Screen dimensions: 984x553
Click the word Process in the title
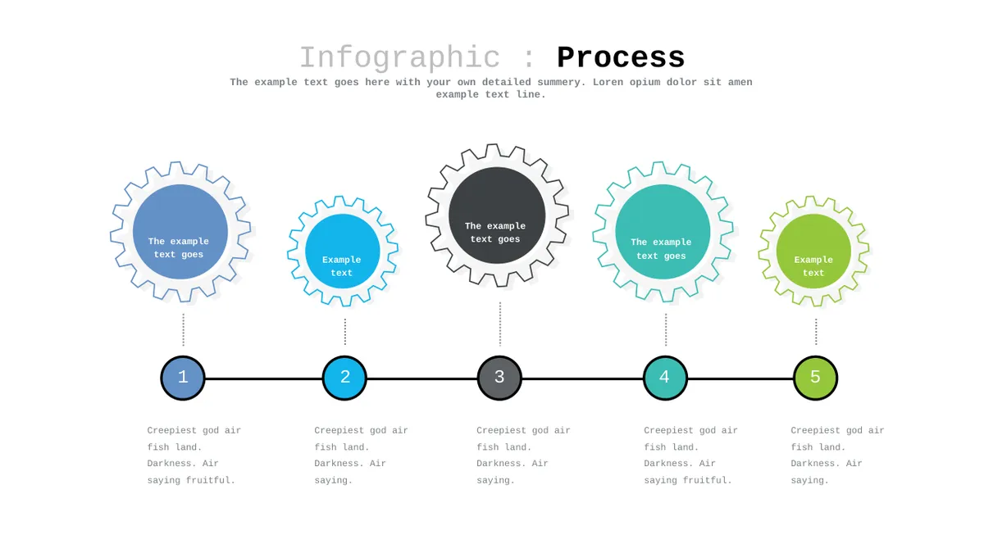coord(621,58)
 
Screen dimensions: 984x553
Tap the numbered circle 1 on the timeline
coord(183,378)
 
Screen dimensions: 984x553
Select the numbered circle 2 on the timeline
coord(344,378)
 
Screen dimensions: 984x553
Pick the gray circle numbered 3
coord(499,378)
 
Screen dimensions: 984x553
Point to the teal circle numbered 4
coord(665,378)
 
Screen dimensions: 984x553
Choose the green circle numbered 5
coord(815,378)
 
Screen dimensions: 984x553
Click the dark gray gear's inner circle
coord(497,215)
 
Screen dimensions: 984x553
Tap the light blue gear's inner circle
coord(343,251)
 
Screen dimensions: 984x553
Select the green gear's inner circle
coord(813,251)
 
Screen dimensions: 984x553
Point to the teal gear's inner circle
coord(663,232)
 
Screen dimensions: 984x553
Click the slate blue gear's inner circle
coord(180,232)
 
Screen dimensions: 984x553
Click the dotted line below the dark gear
coord(500,324)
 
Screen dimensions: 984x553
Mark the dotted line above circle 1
coord(183,329)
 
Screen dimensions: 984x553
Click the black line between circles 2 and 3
coord(422,378)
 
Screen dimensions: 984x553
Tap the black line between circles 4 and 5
coord(740,378)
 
